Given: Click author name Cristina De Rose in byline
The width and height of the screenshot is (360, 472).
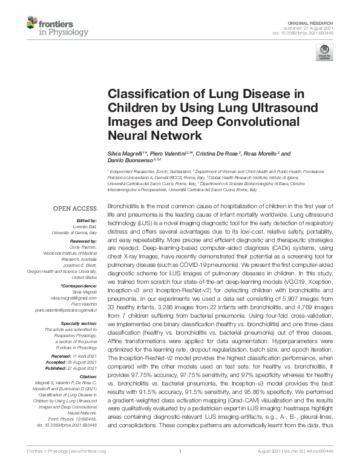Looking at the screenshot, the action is coord(222,154).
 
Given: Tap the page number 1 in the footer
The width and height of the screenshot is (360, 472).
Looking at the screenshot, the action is coord(180,451).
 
